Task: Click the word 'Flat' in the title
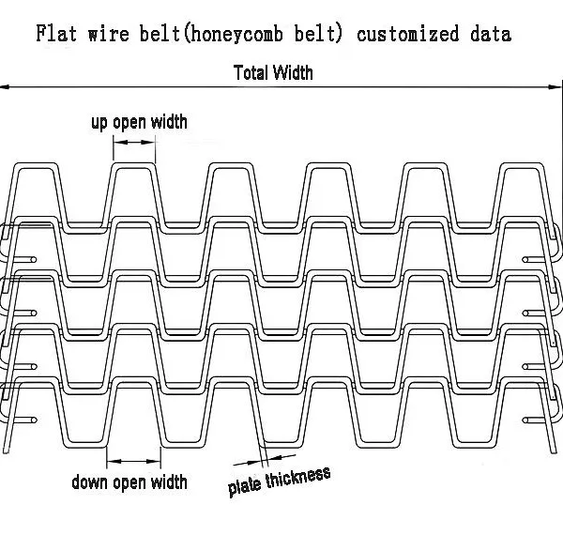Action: (56, 34)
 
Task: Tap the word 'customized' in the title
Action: (408, 34)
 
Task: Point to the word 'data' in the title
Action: (491, 34)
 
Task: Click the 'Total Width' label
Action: (273, 73)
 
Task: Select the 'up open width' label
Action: (139, 122)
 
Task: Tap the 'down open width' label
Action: (129, 481)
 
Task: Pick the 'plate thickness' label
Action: (279, 481)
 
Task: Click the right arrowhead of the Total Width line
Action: (554, 87)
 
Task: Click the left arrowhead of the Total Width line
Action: (5, 87)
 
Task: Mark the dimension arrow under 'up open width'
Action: (134, 142)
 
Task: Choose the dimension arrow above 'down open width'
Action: (133, 462)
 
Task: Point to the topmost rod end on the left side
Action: (34, 259)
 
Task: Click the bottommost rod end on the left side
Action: (34, 420)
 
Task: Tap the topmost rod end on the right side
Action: (525, 259)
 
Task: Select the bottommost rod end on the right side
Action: (525, 420)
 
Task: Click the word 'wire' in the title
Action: (109, 34)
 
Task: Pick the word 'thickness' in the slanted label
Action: (298, 478)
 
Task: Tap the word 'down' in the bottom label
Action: (90, 481)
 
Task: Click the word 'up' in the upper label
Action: (99, 123)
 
